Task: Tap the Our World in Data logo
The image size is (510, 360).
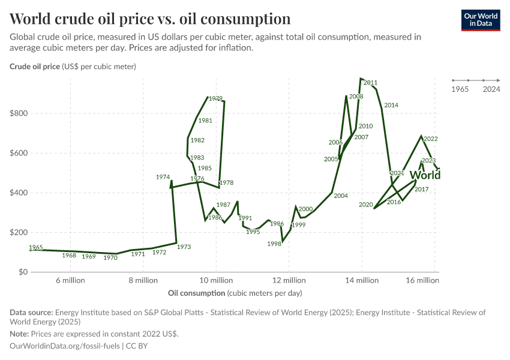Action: (480, 19)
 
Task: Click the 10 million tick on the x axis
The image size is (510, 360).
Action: (216, 280)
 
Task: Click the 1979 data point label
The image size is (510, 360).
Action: (215, 98)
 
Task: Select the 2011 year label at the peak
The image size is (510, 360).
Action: (370, 83)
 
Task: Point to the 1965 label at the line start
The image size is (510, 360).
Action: (35, 247)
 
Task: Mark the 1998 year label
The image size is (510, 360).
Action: (274, 244)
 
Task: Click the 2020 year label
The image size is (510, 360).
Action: (366, 205)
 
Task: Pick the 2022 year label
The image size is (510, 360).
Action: (430, 139)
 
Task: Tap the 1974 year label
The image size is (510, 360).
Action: (163, 177)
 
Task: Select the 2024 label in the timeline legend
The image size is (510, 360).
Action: (491, 89)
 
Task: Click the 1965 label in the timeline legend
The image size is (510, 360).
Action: (460, 89)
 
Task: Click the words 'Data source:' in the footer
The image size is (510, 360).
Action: (31, 313)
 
